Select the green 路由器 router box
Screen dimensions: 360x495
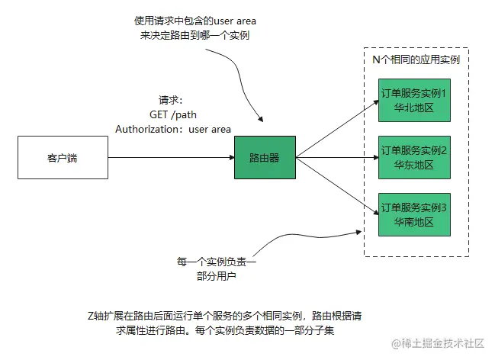(264, 158)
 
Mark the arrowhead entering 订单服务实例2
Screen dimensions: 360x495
(375, 158)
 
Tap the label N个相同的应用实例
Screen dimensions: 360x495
(415, 59)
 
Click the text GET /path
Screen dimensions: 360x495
(172, 114)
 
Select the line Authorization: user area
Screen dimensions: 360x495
(173, 129)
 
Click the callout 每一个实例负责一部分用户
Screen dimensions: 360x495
(217, 268)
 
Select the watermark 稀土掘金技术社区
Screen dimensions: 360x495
(438, 344)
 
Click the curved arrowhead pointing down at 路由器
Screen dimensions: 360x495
(263, 120)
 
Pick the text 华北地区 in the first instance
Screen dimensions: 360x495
(413, 108)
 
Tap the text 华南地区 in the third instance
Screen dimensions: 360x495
(413, 222)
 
